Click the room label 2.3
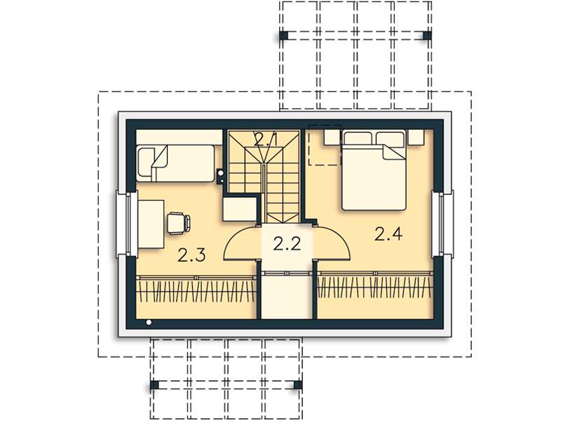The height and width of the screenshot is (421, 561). click(191, 255)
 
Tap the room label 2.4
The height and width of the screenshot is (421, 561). click(388, 234)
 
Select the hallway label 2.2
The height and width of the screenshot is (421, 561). click(287, 243)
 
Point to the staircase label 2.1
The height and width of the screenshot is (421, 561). click(265, 139)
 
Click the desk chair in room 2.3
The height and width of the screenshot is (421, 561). click(179, 223)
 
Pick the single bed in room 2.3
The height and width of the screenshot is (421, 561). click(176, 163)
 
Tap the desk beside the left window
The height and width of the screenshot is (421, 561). click(151, 224)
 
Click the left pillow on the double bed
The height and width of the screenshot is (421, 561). click(358, 138)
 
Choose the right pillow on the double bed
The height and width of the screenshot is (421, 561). click(390, 138)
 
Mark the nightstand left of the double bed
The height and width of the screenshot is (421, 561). click(332, 137)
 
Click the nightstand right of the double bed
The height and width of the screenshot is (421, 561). click(416, 137)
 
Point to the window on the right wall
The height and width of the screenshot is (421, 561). click(443, 224)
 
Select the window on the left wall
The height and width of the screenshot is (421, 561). click(128, 224)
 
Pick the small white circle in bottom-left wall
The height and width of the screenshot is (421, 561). click(149, 323)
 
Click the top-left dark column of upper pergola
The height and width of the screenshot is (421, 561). click(284, 35)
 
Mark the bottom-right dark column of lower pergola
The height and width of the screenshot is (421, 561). click(297, 385)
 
